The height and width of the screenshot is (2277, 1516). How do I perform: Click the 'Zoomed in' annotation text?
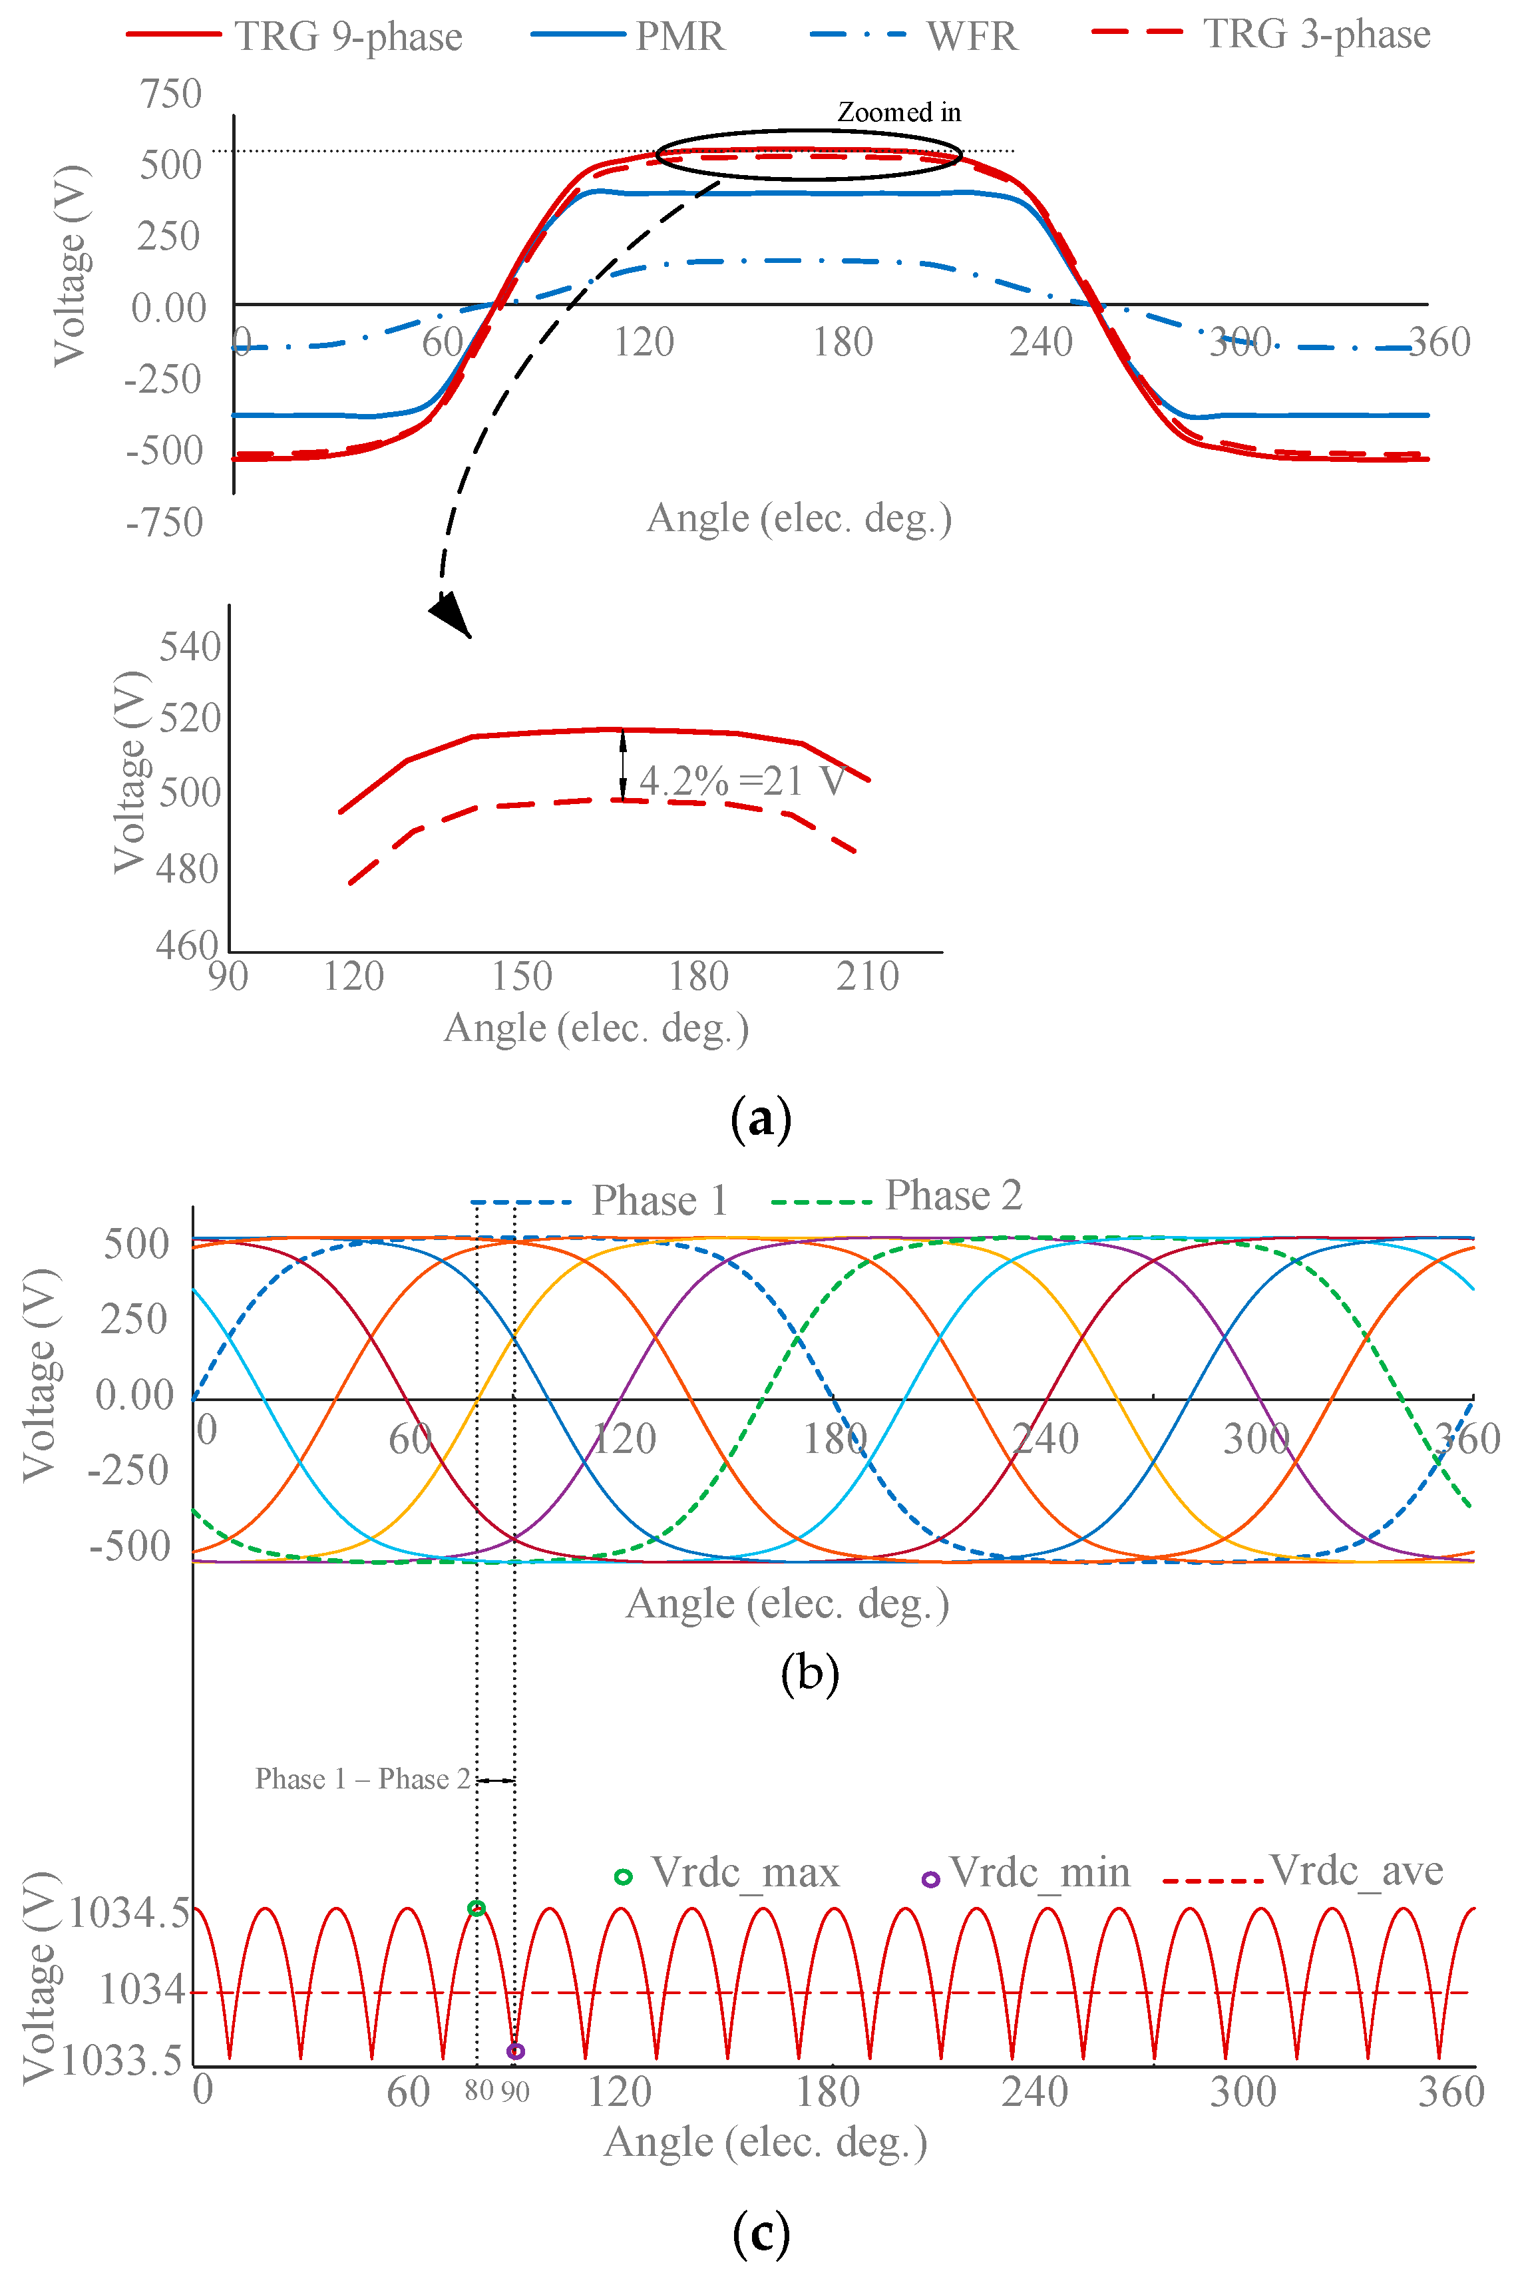coord(898,112)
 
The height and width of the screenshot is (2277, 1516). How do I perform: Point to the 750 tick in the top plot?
coord(171,94)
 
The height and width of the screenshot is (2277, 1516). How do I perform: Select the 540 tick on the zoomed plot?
coord(190,646)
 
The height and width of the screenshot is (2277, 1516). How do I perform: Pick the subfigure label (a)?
coord(761,1119)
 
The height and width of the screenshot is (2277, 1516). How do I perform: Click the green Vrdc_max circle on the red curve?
coord(476,1908)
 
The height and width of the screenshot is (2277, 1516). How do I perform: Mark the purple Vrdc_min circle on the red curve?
coord(515,2051)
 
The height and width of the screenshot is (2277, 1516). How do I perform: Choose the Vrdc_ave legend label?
coord(1356,1871)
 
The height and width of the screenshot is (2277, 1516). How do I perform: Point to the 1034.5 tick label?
coord(128,1912)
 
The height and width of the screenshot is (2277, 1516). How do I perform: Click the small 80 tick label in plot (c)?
coord(478,2091)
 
